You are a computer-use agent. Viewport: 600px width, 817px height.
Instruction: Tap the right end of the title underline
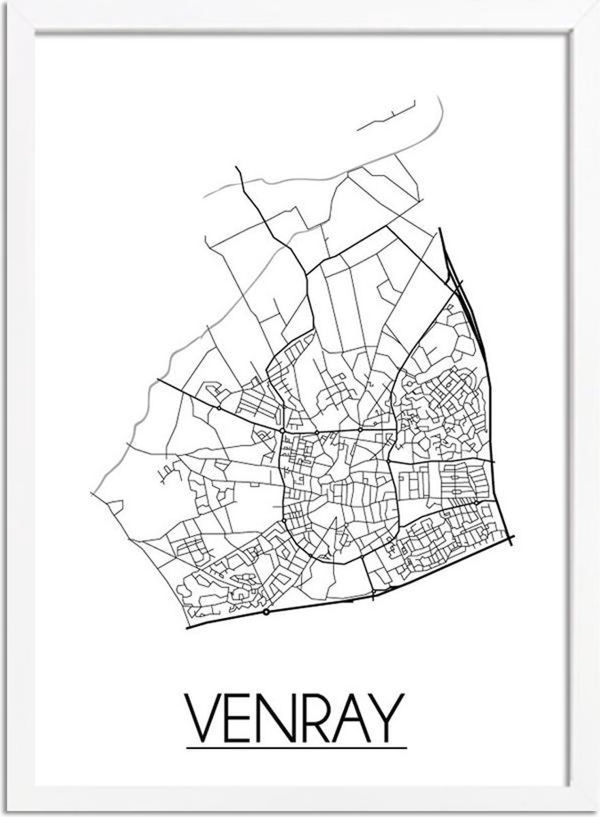(x=406, y=748)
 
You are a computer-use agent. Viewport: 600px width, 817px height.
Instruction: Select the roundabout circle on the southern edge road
(x=266, y=612)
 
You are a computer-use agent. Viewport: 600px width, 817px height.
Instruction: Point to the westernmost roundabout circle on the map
(x=219, y=408)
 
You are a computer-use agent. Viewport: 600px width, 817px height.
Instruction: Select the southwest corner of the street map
(x=188, y=625)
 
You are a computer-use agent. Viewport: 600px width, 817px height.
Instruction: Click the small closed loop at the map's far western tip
(x=116, y=507)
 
